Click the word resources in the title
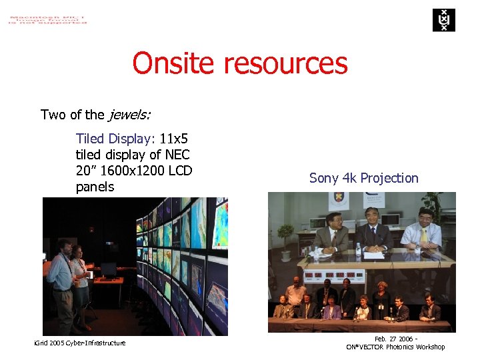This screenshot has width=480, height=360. pyautogui.click(x=286, y=64)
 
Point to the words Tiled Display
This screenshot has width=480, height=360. pyautogui.click(x=115, y=139)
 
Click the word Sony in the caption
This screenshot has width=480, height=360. pyautogui.click(x=324, y=178)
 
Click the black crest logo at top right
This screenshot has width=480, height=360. pyautogui.click(x=443, y=19)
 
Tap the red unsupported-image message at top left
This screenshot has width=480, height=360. pyautogui.click(x=47, y=18)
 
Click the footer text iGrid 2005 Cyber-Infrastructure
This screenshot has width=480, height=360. pyautogui.click(x=79, y=343)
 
